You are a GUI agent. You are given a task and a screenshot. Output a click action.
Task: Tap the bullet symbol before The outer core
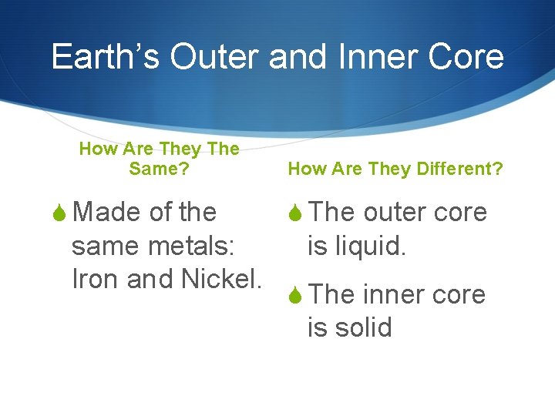[296, 213]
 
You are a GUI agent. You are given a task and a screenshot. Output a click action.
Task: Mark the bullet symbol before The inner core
[296, 295]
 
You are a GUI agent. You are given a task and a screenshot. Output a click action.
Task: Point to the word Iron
[96, 280]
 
